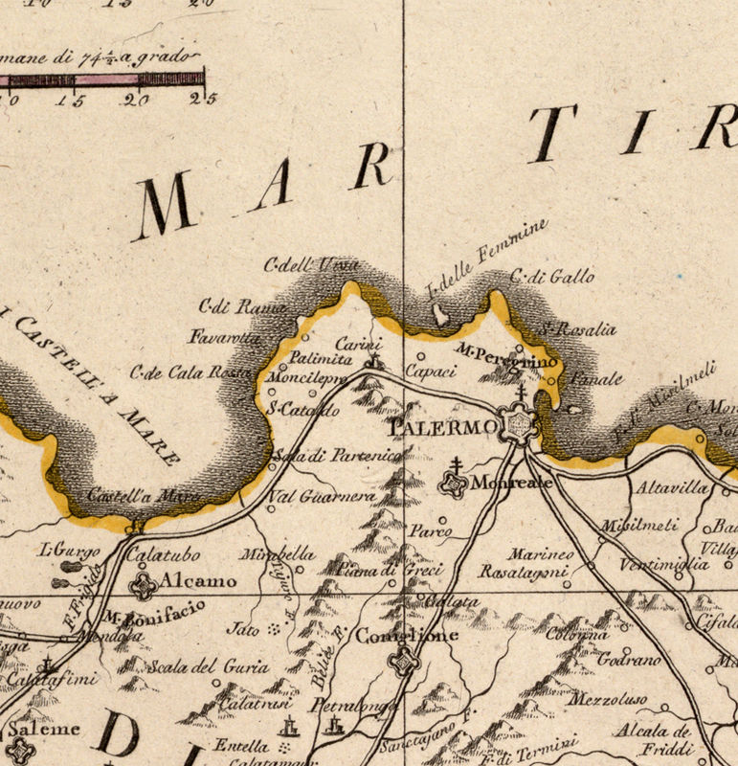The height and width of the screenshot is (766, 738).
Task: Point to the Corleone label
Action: (x=393, y=635)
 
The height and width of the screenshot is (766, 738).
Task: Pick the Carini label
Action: (x=358, y=345)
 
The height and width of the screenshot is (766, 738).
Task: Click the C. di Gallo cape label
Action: (x=552, y=278)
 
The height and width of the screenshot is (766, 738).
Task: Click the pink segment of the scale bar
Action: (x=105, y=79)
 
